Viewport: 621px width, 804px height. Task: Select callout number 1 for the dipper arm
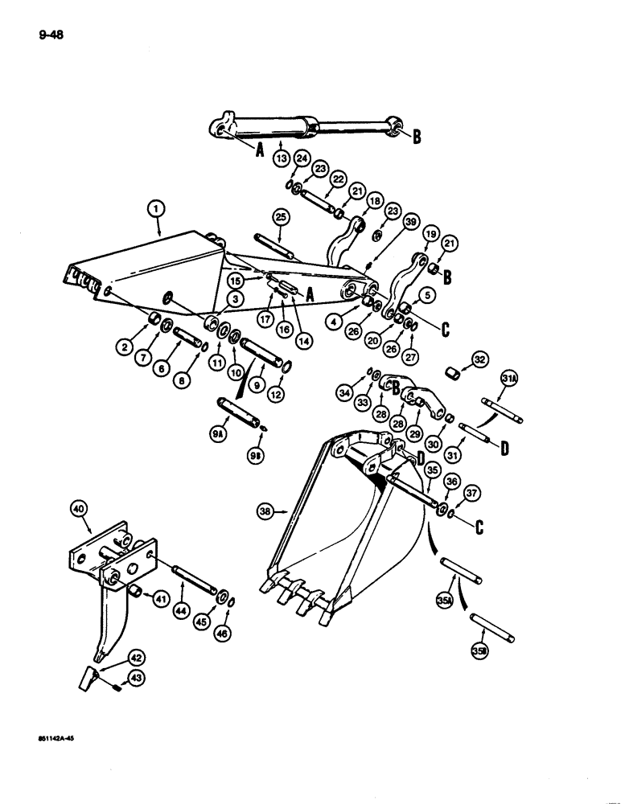pos(157,210)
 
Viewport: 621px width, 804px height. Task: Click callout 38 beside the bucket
pos(266,510)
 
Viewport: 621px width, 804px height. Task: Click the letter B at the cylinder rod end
pos(417,137)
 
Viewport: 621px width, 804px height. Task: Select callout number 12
pos(286,393)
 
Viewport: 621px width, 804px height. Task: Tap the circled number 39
pos(411,222)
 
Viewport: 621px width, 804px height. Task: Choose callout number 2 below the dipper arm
pos(125,347)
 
